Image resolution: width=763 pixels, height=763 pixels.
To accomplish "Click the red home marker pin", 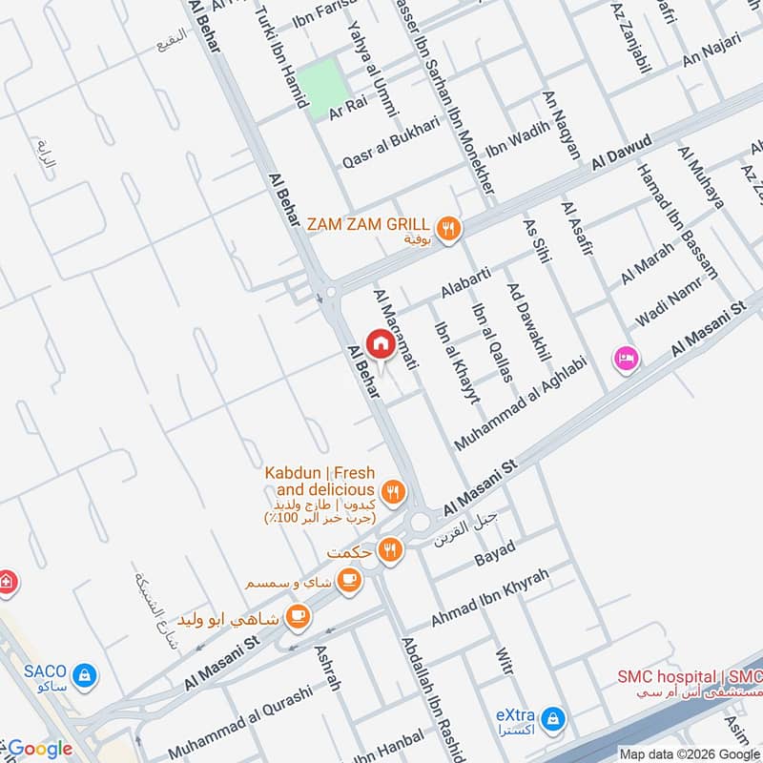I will pos(380,344).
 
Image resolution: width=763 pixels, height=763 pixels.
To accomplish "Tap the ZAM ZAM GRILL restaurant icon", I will pos(448,228).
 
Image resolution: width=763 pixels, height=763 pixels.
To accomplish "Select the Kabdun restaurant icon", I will pos(394,493).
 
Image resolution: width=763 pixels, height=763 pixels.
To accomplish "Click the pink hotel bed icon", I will pos(627,359).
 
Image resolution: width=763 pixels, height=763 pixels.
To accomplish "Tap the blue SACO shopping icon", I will pos(86,674).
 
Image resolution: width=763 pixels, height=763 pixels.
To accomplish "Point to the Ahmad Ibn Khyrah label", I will pos(490,599).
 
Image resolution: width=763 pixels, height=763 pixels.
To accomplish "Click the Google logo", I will pos(39,749).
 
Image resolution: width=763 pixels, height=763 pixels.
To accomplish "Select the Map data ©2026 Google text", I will pos(688,752).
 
